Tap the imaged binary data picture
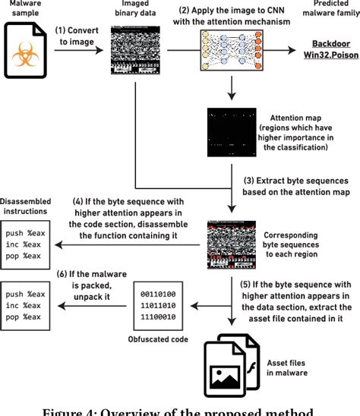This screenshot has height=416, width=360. click(x=135, y=50)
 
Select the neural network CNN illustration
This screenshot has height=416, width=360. click(x=231, y=51)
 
